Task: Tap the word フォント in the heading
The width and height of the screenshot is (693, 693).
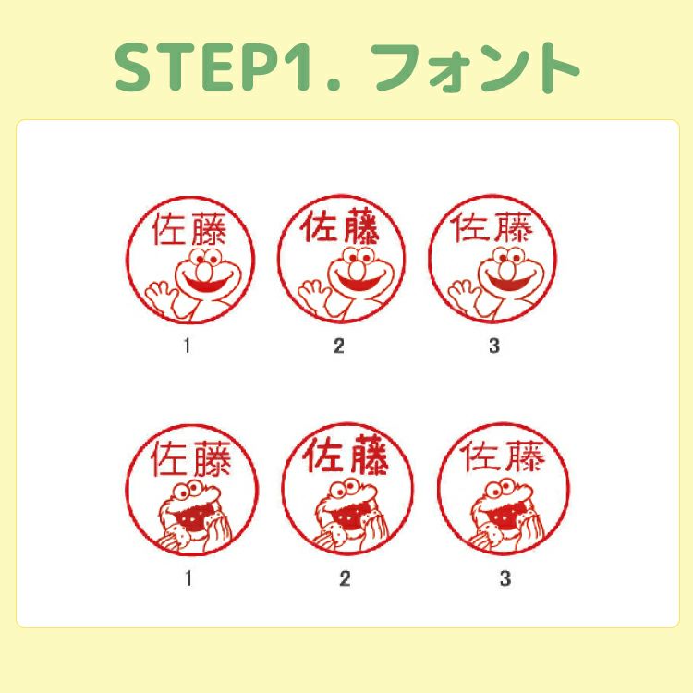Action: [475, 67]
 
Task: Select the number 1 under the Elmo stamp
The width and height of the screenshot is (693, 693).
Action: [187, 346]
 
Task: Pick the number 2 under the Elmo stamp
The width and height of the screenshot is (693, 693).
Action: [338, 346]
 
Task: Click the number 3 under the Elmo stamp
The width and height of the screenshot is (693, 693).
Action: [494, 346]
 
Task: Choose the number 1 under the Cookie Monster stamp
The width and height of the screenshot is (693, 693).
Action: [188, 578]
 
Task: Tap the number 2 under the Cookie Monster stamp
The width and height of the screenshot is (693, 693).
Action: [345, 578]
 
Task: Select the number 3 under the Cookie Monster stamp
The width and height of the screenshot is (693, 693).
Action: [505, 578]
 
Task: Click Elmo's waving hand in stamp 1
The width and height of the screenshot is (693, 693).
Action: [158, 295]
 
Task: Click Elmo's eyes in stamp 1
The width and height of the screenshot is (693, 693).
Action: [206, 257]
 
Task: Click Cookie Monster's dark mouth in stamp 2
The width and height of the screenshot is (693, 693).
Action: [349, 517]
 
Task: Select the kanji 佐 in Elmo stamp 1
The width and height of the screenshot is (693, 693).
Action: [168, 229]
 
